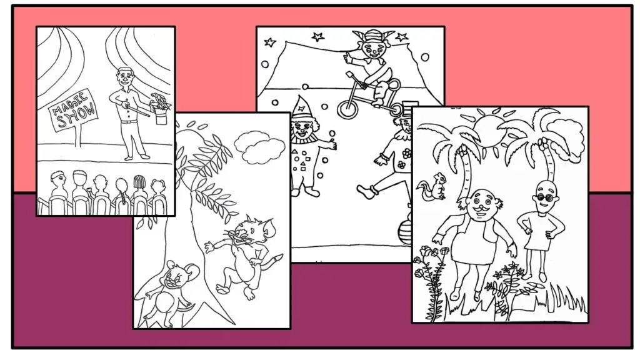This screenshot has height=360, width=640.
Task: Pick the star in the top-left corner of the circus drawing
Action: [x=270, y=42]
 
